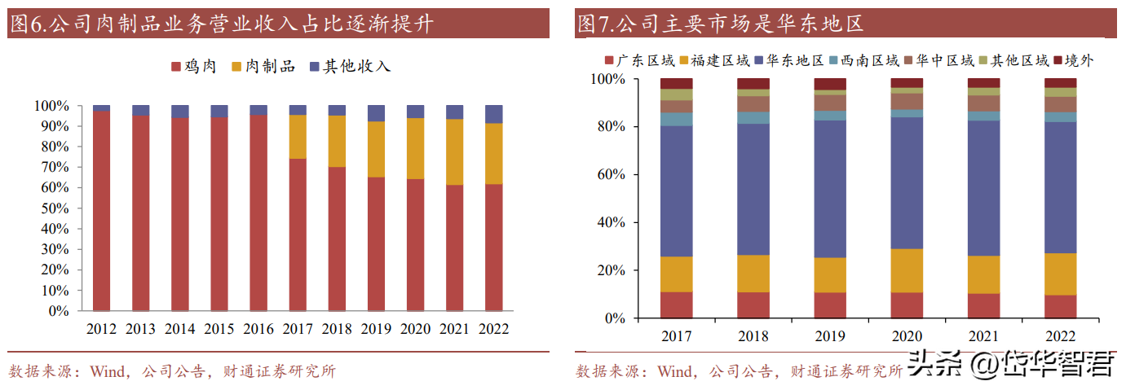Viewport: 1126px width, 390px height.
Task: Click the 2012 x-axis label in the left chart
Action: (x=101, y=329)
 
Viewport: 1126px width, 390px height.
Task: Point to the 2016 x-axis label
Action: (x=258, y=329)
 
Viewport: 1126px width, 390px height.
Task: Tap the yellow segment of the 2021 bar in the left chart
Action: (x=454, y=152)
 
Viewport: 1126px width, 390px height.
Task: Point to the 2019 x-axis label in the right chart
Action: (x=830, y=336)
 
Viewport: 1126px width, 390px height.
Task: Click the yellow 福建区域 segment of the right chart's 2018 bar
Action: (x=753, y=274)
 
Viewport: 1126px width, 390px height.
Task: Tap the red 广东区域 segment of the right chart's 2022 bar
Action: (x=1060, y=306)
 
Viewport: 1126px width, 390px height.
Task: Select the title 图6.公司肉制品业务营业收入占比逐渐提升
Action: (x=220, y=24)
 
